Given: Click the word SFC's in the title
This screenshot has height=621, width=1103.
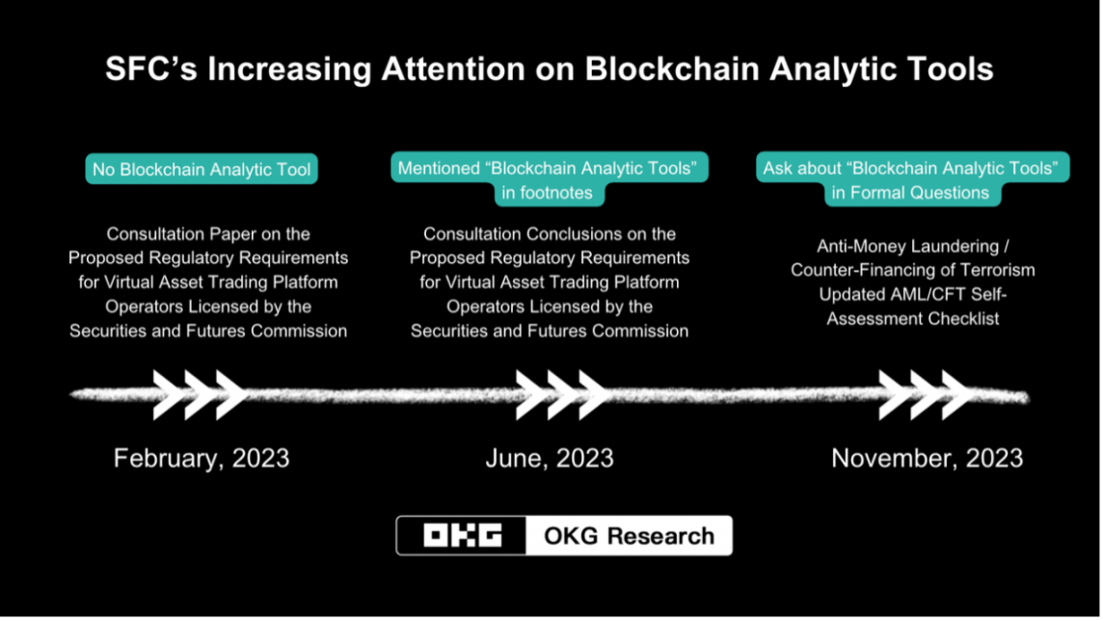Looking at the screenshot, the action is (x=151, y=68).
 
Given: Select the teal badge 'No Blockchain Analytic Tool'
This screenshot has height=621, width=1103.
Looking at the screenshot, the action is (x=202, y=170).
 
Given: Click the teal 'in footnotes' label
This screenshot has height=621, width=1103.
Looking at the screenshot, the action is (x=548, y=193).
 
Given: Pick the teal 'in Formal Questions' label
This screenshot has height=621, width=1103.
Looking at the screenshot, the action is (x=911, y=193).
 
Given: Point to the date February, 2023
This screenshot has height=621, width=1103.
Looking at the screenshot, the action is (x=202, y=459).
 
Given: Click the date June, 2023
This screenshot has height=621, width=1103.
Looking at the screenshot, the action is (x=550, y=459).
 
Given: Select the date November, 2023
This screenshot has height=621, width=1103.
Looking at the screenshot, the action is (x=928, y=459).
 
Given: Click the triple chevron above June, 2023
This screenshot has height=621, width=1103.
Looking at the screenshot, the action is (x=563, y=394).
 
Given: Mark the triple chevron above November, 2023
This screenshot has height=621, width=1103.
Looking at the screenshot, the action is (x=927, y=394).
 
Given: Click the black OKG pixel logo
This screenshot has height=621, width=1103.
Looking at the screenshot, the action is (x=462, y=536).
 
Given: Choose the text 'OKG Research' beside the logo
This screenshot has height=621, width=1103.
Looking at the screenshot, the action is (x=629, y=536).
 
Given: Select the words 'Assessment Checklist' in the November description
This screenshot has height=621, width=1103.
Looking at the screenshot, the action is (x=913, y=318).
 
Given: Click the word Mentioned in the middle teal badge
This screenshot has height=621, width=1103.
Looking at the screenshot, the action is (x=439, y=168).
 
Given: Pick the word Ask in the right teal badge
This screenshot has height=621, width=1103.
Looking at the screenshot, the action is (x=777, y=168).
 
